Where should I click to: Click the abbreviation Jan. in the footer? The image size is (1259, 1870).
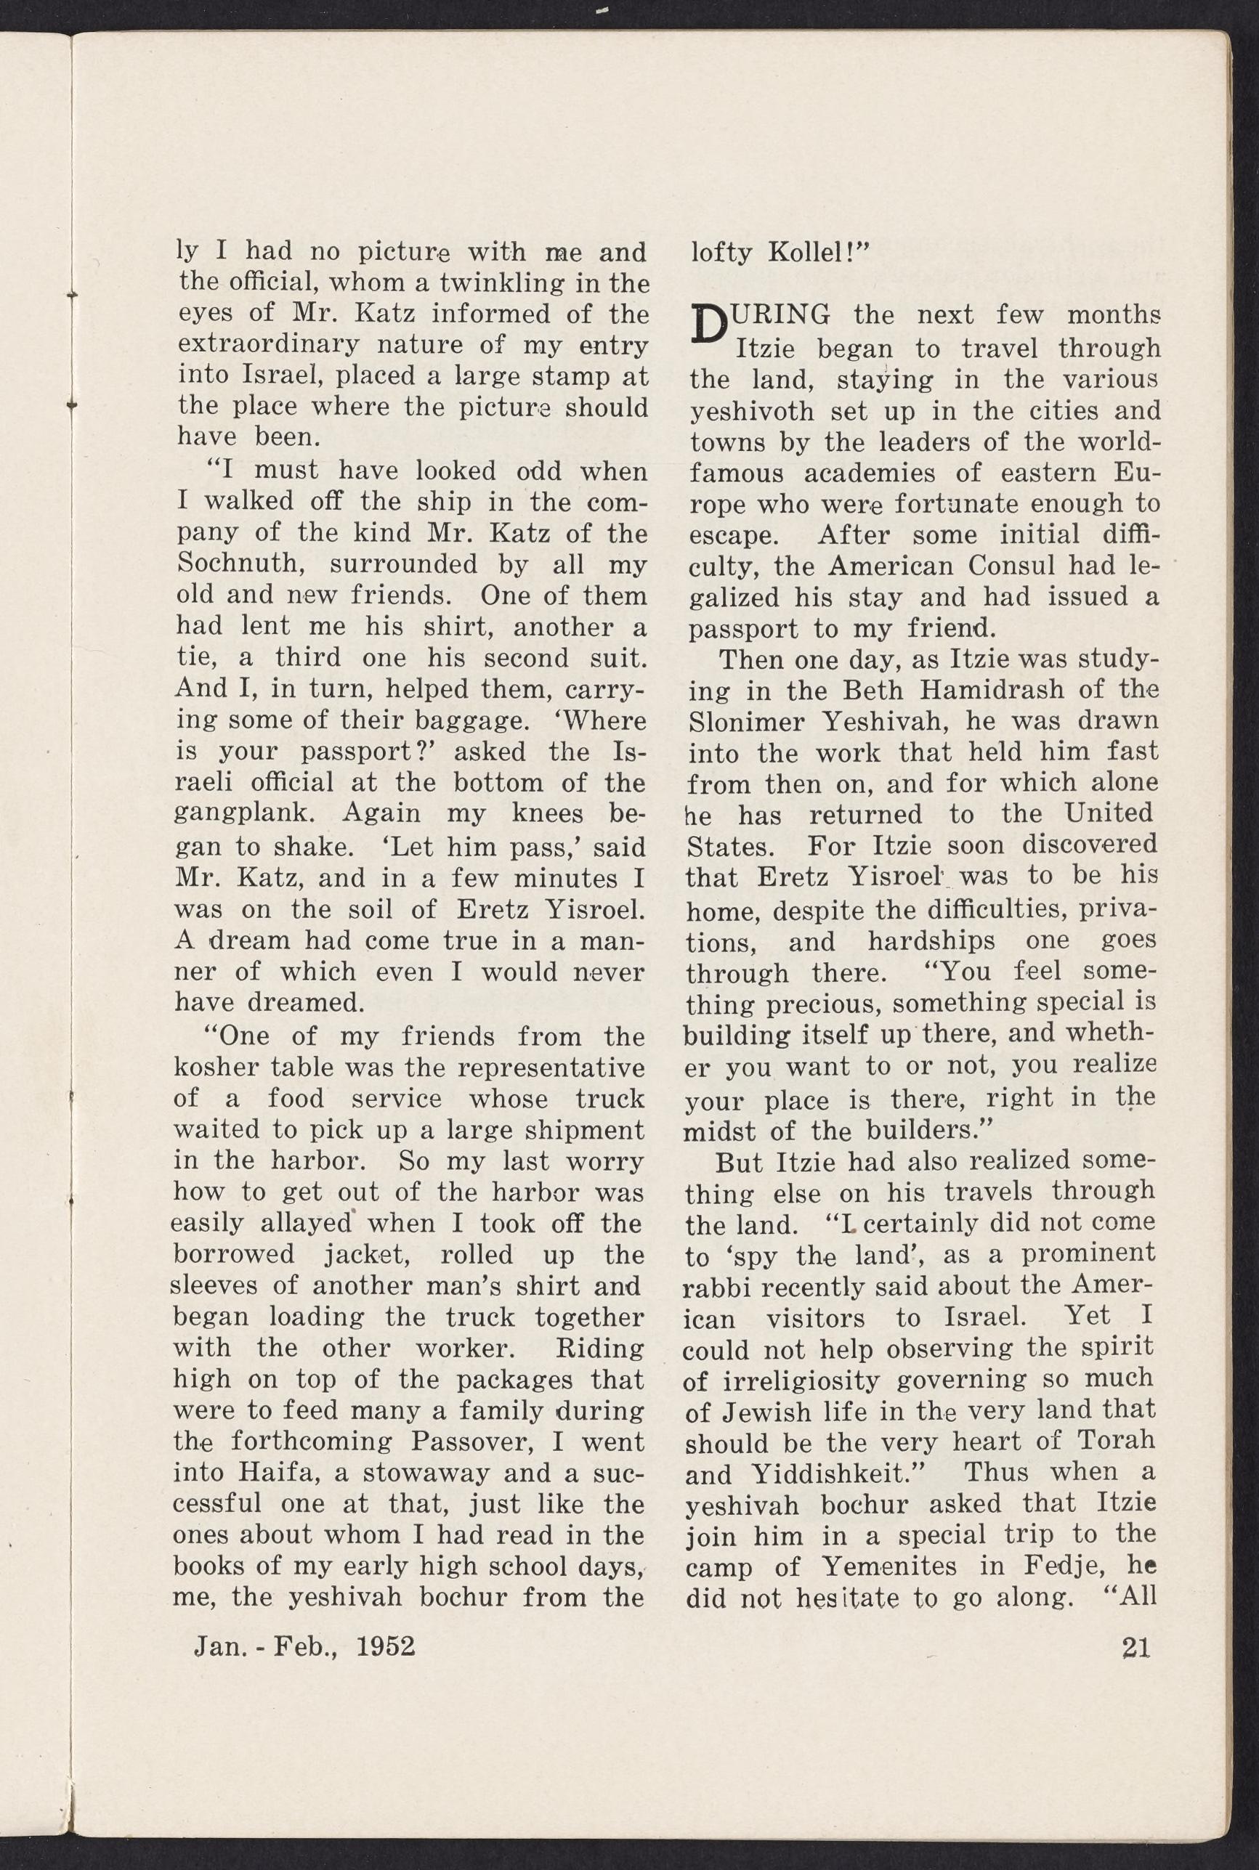pyautogui.click(x=220, y=1647)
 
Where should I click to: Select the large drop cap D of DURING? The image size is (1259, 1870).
pyautogui.click(x=705, y=328)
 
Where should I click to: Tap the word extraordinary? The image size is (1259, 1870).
pyautogui.click(x=258, y=345)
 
